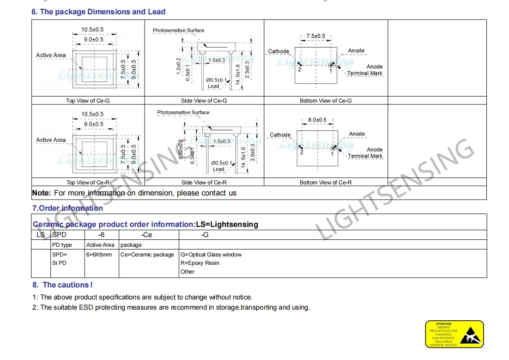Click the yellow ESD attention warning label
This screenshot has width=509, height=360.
454,334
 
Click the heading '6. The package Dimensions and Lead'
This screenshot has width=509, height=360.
98,12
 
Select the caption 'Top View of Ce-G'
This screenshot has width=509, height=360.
88,101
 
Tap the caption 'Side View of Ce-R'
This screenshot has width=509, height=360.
203,183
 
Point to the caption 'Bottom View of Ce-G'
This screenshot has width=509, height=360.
325,101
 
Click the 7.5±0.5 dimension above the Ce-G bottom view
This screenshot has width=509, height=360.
316,36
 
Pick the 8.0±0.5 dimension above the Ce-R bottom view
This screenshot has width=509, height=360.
317,120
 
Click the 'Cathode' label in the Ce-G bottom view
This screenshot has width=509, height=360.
279,51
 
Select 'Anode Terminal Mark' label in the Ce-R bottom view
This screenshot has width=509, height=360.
365,153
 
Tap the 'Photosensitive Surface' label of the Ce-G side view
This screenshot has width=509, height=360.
178,31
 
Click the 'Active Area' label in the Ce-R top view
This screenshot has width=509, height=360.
51,140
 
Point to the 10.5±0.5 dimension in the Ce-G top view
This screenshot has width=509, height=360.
92,30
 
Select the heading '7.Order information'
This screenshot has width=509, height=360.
67,208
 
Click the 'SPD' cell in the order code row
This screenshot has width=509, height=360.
59,235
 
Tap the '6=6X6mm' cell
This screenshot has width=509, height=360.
99,255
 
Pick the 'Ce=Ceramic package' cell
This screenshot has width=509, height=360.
147,255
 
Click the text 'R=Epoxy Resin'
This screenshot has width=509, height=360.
200,263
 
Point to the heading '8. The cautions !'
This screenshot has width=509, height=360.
62,285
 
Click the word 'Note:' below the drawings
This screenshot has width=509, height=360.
41,193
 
